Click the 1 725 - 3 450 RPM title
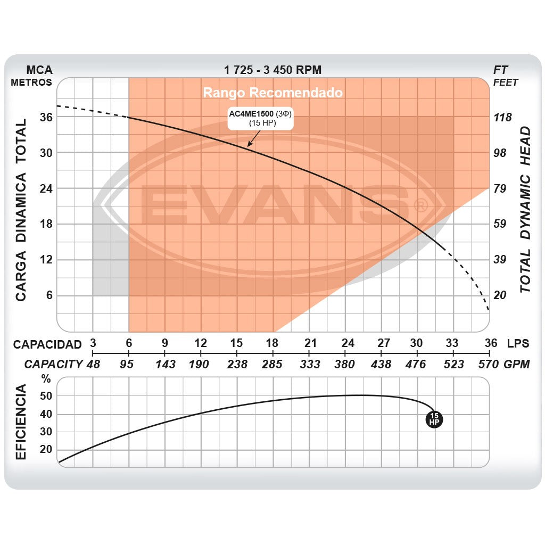point(272,70)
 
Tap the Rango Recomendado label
point(272,93)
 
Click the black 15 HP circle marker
point(434,419)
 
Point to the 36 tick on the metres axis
point(46,117)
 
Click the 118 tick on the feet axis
point(502,117)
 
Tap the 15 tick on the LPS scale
point(237,343)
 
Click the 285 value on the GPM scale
point(273,364)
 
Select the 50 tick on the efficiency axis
point(46,396)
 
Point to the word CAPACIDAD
point(47,344)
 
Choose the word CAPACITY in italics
point(53,364)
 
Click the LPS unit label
point(518,343)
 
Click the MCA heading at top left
point(40,70)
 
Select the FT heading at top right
point(501,70)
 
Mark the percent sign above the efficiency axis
point(47,379)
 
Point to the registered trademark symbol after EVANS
point(420,205)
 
